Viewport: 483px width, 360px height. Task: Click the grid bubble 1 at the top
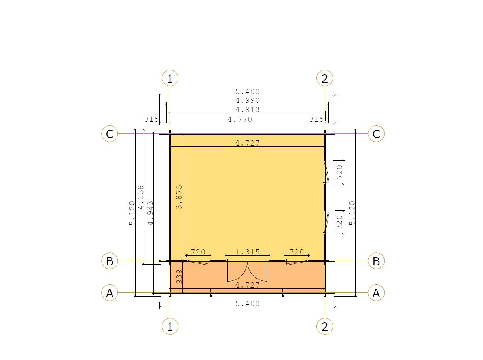170,78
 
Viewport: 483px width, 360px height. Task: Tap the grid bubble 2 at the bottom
325,326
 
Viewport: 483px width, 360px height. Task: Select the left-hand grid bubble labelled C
110,134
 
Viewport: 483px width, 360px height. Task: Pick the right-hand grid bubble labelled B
376,261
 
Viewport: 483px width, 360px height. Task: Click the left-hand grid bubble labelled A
110,293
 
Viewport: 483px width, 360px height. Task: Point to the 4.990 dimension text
248,100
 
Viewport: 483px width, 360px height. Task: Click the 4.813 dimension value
248,109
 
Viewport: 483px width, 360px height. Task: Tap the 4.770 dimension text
240,119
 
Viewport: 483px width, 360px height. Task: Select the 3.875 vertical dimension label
179,197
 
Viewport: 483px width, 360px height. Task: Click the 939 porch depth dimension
179,277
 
